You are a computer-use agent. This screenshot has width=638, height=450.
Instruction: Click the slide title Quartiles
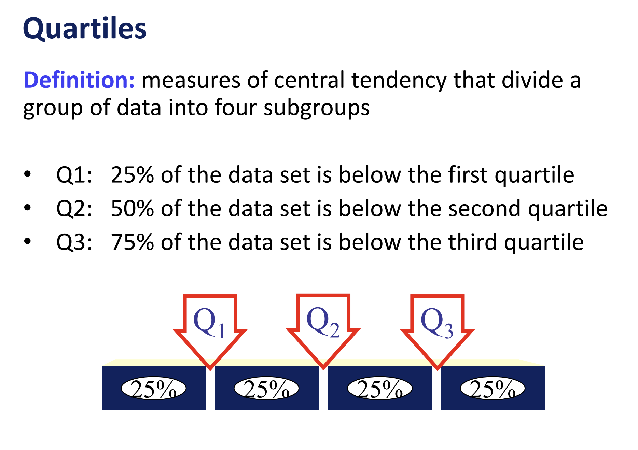click(x=85, y=28)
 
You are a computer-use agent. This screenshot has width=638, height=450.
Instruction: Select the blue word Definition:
click(x=79, y=80)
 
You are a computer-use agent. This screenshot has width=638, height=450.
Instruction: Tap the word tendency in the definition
click(x=399, y=81)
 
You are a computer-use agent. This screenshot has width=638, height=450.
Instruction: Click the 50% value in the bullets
click(x=132, y=209)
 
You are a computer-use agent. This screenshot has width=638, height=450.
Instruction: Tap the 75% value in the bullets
click(x=132, y=242)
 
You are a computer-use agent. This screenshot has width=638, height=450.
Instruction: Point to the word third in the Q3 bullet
click(x=473, y=242)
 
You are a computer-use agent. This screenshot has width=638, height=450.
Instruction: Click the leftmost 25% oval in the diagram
click(x=154, y=389)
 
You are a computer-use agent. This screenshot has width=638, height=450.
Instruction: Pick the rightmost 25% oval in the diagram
click(x=493, y=389)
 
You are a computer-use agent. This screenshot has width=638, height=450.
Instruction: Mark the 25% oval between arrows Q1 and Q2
click(x=266, y=389)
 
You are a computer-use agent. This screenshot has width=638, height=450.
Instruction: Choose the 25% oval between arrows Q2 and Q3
click(x=379, y=389)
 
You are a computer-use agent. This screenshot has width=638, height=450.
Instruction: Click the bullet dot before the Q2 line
click(x=28, y=208)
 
